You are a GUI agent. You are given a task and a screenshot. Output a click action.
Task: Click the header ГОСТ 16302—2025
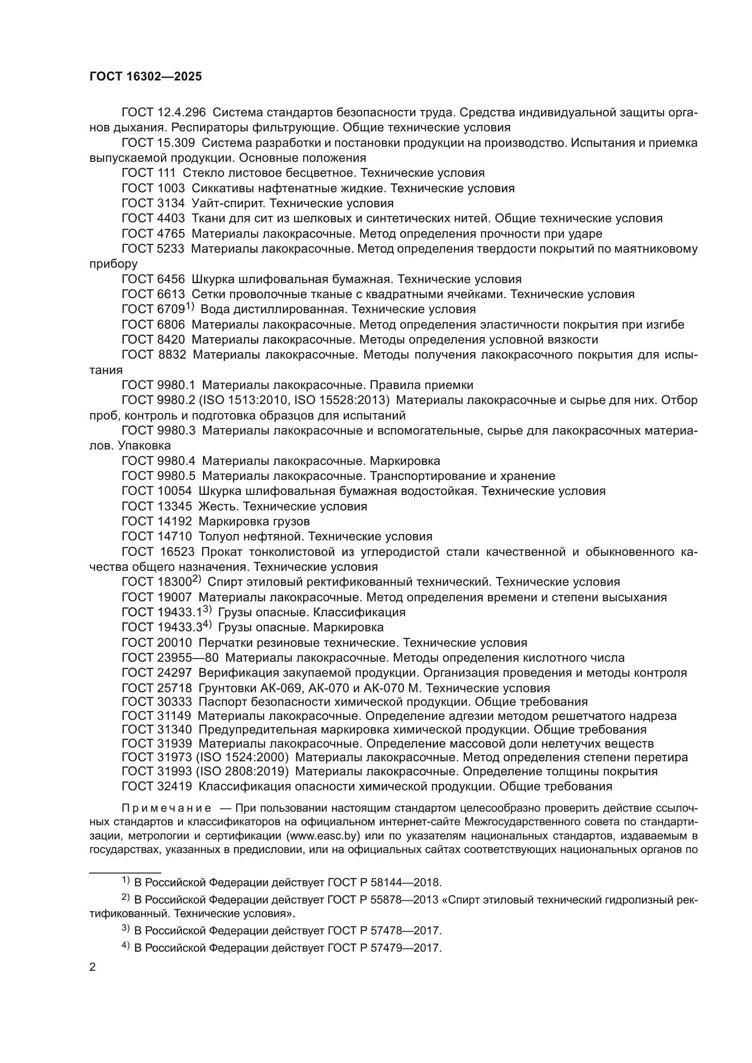145,77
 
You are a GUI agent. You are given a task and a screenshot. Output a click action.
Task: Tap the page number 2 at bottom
93,967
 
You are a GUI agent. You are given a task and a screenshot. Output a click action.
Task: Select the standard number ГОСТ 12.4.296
164,113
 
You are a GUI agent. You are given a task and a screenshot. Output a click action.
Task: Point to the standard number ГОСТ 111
149,173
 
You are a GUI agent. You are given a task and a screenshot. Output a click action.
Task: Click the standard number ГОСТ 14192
156,521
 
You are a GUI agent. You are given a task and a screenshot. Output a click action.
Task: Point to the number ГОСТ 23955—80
170,658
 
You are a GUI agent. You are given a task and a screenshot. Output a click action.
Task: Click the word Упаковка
144,445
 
